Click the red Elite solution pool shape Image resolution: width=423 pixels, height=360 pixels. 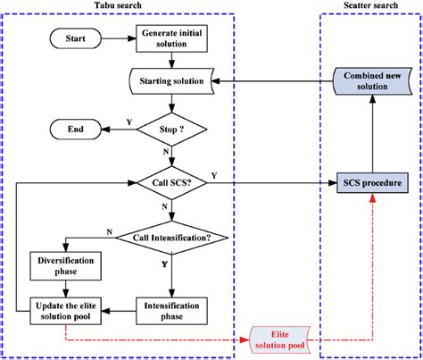point(280,339)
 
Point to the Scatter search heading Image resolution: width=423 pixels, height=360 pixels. point(368,7)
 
